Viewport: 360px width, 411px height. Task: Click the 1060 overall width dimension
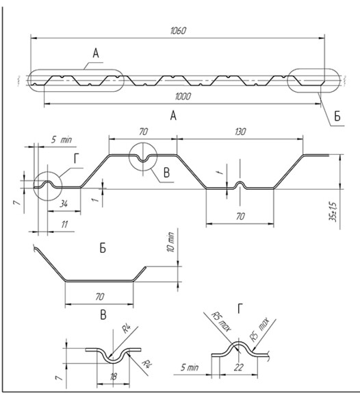[179, 31]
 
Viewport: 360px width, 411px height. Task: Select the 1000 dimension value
[183, 97]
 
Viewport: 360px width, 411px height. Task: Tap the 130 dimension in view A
[240, 132]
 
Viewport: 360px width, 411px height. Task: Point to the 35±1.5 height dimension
[333, 212]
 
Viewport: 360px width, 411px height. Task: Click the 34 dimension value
[64, 203]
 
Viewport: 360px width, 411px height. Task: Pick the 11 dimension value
[64, 225]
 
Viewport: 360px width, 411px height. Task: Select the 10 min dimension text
[170, 242]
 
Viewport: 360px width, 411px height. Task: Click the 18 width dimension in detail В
[114, 377]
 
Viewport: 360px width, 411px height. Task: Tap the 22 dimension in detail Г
[239, 367]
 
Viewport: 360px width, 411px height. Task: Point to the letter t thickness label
[220, 172]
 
